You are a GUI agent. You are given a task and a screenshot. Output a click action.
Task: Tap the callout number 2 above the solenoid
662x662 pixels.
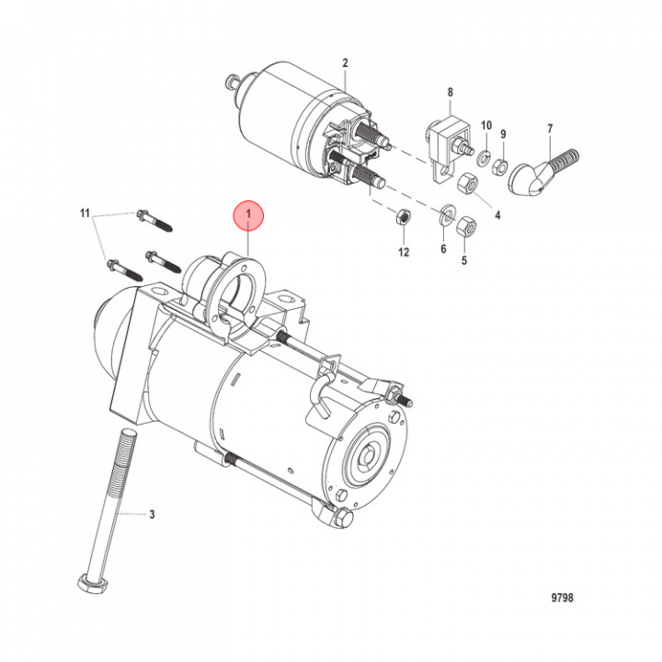click(346, 63)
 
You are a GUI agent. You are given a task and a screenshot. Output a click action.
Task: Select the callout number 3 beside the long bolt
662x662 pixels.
click(152, 515)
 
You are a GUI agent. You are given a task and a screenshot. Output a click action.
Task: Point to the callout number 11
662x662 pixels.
click(85, 214)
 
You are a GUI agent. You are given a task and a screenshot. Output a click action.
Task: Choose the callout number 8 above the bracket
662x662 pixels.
click(451, 92)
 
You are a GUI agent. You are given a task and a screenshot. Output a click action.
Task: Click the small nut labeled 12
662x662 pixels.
click(401, 218)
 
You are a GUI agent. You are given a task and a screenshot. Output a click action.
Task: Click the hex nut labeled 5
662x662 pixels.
click(465, 224)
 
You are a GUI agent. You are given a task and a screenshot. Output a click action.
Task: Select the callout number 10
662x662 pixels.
click(486, 124)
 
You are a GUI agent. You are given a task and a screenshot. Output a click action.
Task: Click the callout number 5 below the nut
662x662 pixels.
click(464, 259)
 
